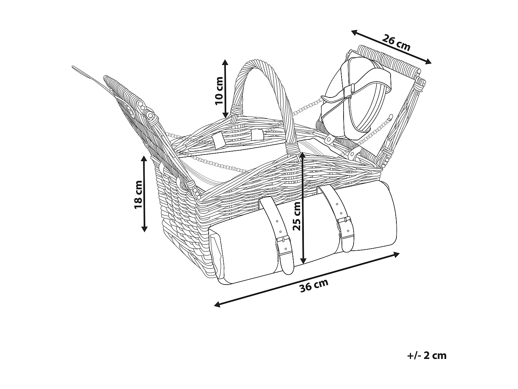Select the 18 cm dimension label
138,195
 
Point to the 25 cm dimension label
297,216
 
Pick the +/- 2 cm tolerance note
427,355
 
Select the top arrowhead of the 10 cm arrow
225,62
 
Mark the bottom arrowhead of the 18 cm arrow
144,229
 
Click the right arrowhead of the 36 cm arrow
397,254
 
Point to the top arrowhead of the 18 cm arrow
144,158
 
